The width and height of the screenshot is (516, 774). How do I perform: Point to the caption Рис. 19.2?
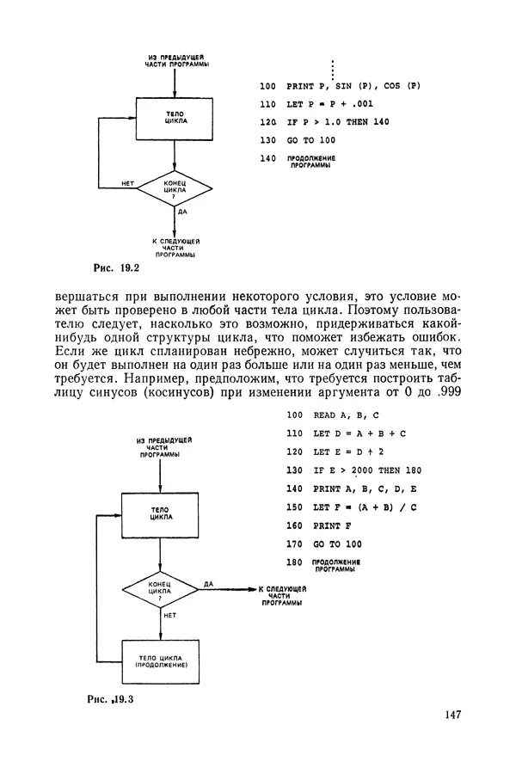pos(115,267)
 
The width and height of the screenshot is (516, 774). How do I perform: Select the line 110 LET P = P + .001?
pos(316,104)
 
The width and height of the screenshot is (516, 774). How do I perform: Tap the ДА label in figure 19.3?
pos(209,584)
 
